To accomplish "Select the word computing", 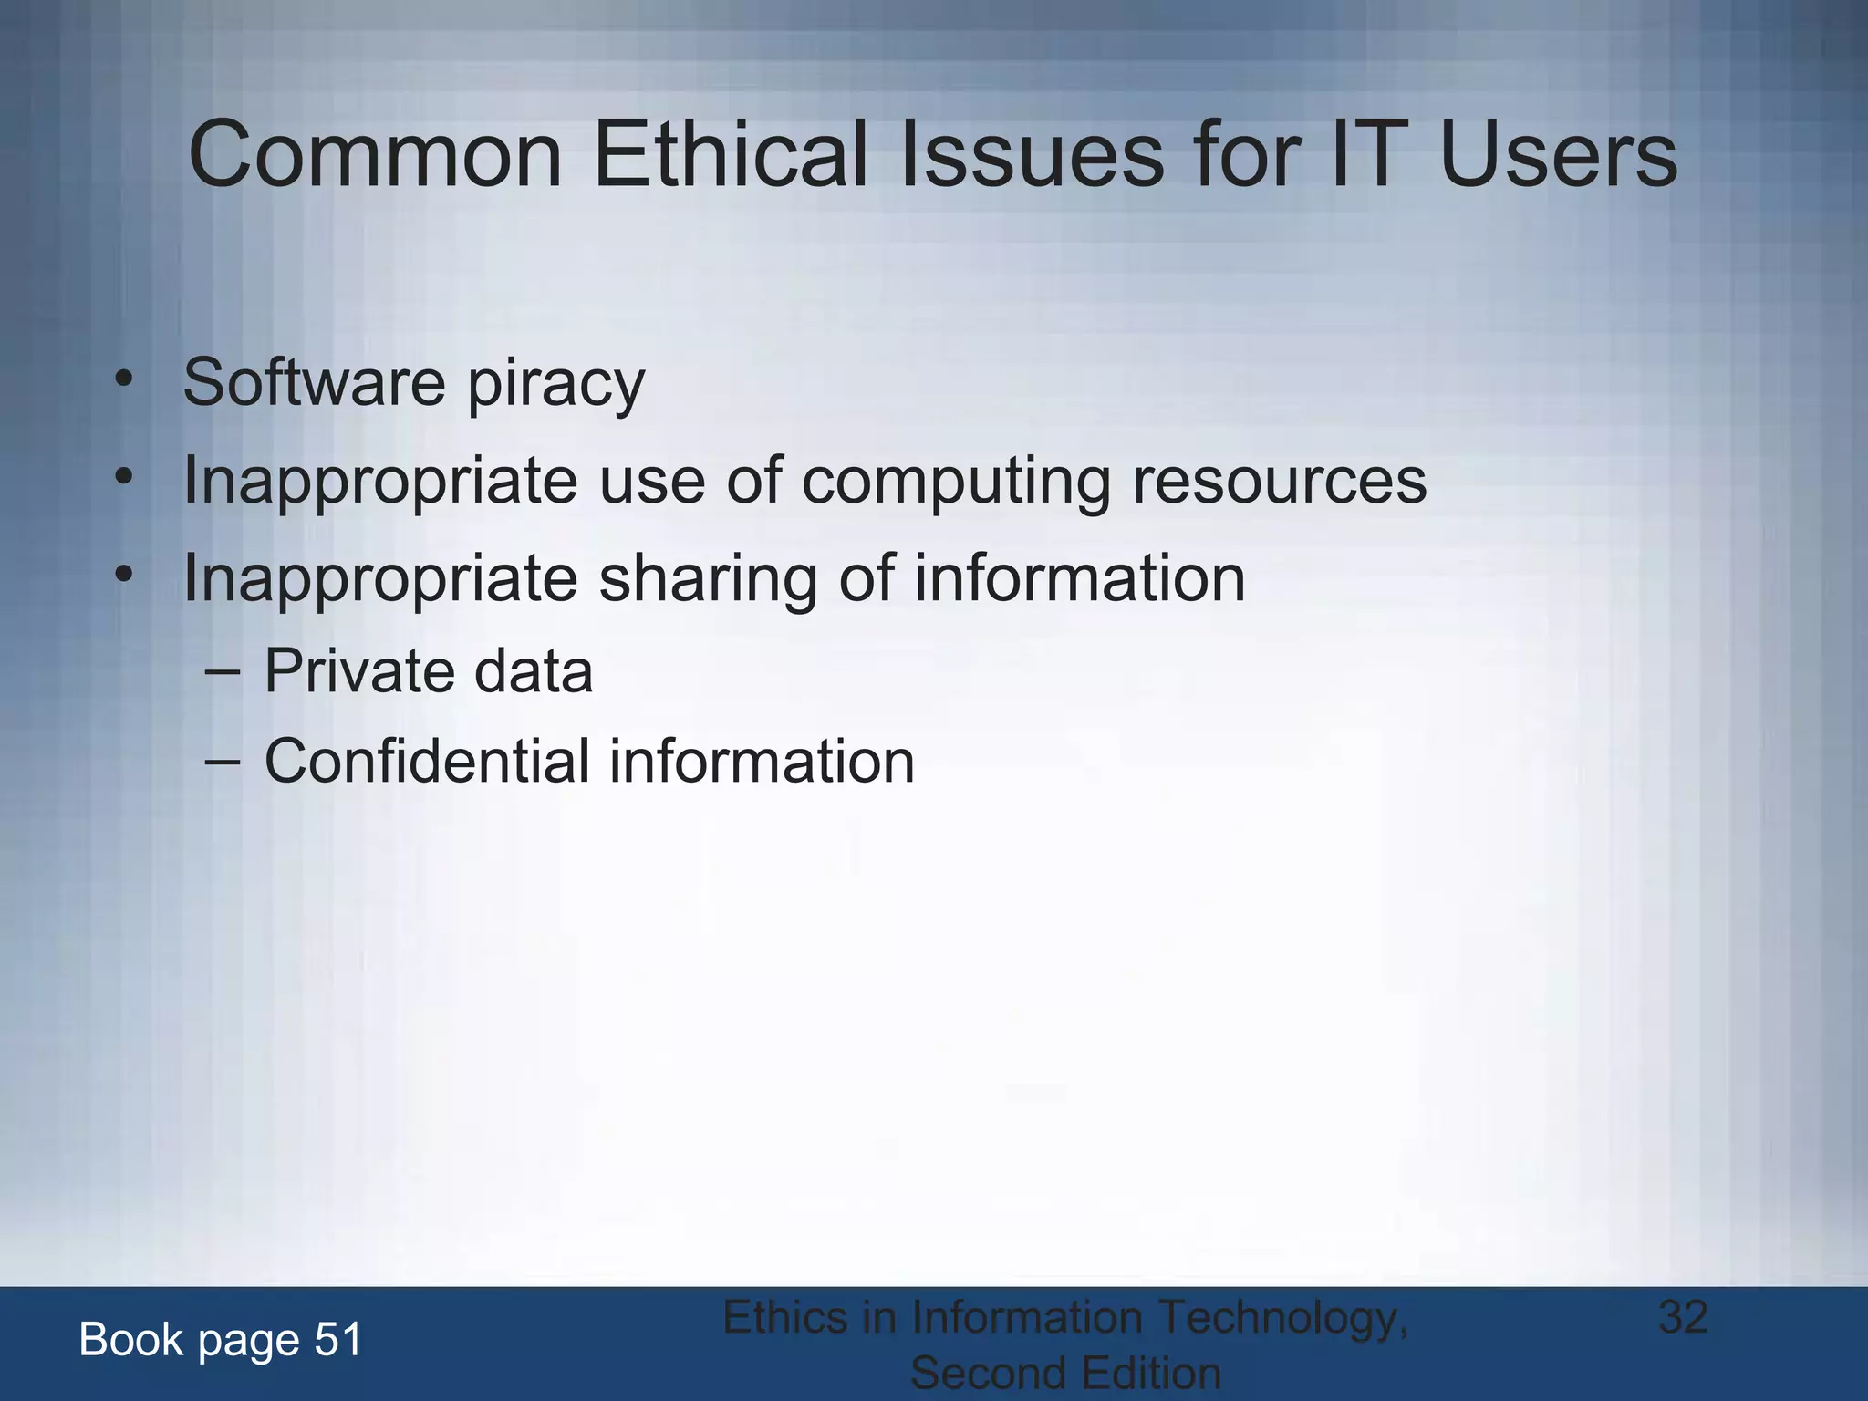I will click(956, 482).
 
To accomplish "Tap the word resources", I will click(1279, 482).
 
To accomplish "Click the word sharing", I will click(708, 579).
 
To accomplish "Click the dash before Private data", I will click(223, 673).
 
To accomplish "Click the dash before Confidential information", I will click(223, 763).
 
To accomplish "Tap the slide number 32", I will click(1683, 1316).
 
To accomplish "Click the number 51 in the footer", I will click(338, 1340).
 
